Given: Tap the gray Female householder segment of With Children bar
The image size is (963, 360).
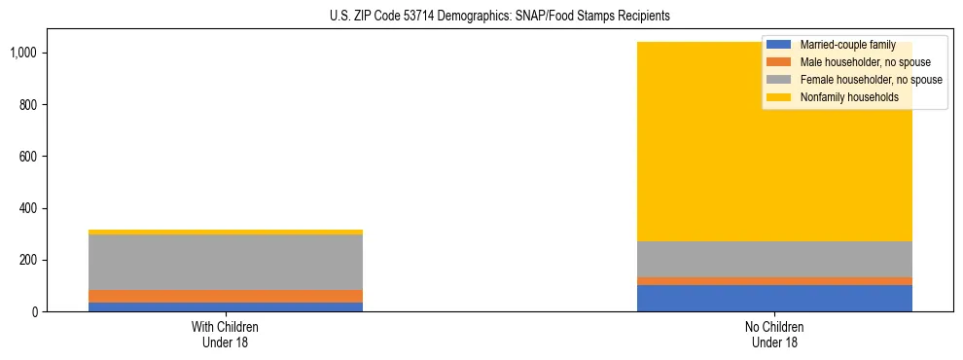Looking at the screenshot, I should click(225, 262).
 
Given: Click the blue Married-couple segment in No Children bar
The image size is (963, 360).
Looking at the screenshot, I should click(774, 299).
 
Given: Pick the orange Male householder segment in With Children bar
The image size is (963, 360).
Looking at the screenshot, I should click(225, 296).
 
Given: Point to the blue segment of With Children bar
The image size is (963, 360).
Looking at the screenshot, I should click(225, 306).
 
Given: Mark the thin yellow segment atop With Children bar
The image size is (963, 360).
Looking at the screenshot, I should click(225, 232).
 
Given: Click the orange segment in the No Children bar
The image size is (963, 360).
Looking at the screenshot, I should click(774, 281).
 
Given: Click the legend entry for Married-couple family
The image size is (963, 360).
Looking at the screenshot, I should click(847, 45).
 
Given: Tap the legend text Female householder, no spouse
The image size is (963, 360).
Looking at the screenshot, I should click(871, 80).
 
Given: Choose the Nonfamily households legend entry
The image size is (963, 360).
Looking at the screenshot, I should click(849, 97).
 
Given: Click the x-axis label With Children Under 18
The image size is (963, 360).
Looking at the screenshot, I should click(225, 335).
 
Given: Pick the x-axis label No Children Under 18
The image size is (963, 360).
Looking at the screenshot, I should click(774, 335).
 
